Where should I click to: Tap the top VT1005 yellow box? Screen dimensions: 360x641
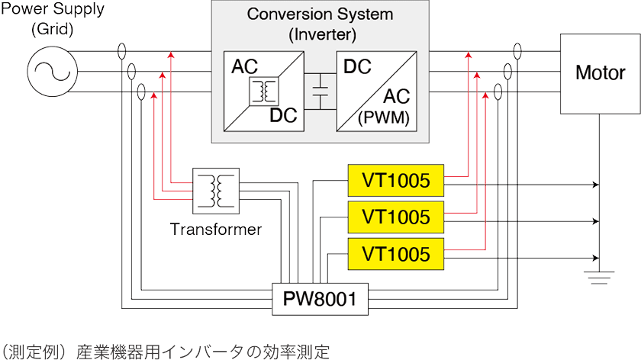click(395, 181)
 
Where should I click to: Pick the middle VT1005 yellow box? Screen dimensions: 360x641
click(395, 217)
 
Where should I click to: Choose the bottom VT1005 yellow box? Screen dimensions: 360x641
click(395, 252)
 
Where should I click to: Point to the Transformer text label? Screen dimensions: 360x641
click(216, 229)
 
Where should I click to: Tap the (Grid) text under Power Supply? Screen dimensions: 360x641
click(51, 31)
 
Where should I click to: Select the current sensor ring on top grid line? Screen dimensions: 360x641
click(123, 52)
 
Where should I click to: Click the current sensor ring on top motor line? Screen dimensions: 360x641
click(518, 52)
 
